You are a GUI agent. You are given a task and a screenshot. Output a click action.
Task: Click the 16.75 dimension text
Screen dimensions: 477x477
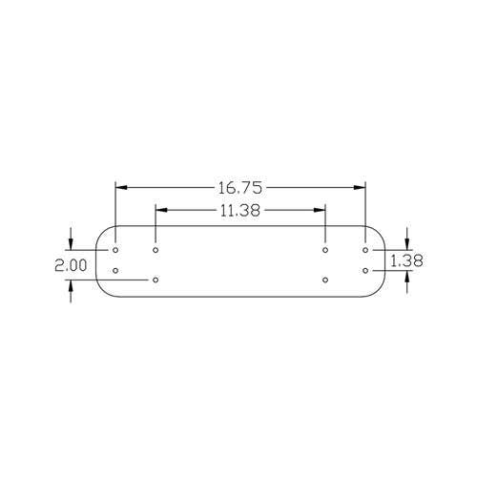(240, 188)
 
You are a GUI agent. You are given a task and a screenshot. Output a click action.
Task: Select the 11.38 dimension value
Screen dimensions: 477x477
(240, 210)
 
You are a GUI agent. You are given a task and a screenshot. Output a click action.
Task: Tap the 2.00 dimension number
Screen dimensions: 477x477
(71, 265)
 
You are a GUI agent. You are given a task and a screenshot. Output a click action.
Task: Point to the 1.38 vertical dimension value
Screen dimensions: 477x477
(406, 260)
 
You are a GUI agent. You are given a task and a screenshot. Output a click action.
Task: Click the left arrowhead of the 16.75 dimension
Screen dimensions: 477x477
(121, 188)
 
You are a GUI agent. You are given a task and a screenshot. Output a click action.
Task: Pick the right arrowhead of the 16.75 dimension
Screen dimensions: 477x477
(360, 188)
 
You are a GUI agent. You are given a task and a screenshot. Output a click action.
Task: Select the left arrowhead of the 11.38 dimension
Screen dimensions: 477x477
(161, 210)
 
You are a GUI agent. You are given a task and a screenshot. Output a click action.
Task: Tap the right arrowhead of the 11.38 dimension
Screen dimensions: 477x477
(320, 210)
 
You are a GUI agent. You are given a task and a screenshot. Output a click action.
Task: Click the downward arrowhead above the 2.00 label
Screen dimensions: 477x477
(71, 244)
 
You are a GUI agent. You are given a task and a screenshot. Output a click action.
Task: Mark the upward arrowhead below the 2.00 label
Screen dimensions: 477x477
(71, 286)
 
